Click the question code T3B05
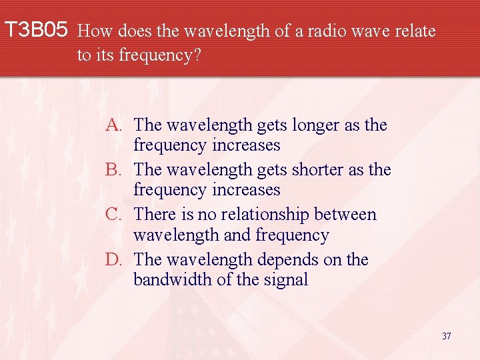[x=36, y=30]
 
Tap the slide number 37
[x=446, y=336]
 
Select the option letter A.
[x=113, y=125]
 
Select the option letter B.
[x=113, y=170]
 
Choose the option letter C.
[x=113, y=215]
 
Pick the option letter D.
[x=113, y=259]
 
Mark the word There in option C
[x=154, y=215]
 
